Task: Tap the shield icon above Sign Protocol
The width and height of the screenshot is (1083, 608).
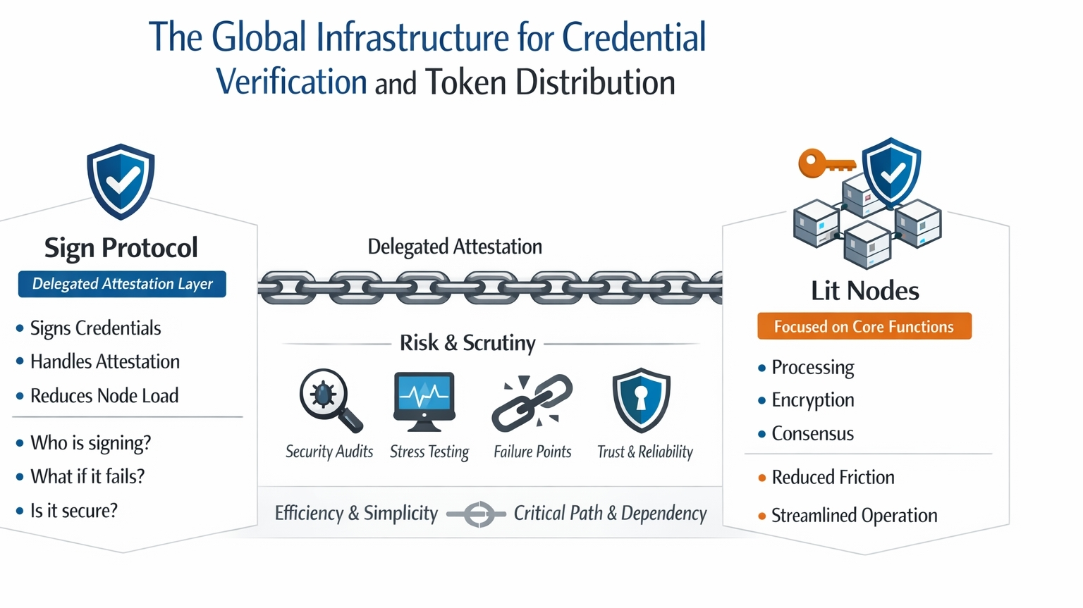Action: [x=121, y=181]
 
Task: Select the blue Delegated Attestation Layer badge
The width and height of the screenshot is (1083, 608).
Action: [x=122, y=284]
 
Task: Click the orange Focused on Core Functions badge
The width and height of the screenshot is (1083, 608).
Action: [x=864, y=326]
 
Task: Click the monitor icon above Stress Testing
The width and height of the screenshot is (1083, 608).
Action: [x=423, y=400]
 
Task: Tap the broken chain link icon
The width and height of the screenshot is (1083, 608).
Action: [x=532, y=402]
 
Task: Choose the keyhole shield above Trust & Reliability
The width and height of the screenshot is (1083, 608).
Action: [x=641, y=399]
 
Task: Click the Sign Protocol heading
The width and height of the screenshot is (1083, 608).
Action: [x=121, y=247]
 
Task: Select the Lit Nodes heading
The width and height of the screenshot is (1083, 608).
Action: [x=864, y=290]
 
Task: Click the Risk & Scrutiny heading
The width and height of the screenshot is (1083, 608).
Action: [x=467, y=343]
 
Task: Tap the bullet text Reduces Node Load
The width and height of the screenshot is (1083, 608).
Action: [x=104, y=396]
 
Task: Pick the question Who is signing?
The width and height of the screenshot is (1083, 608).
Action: [x=90, y=442]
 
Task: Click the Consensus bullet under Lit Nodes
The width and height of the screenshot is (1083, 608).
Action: [x=812, y=433]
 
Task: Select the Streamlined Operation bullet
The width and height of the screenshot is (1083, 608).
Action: [x=854, y=516]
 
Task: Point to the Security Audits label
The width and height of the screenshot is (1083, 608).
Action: [x=329, y=452]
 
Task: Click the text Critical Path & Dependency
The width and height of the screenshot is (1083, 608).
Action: [x=610, y=514]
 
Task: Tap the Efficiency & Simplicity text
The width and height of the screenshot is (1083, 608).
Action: [x=356, y=514]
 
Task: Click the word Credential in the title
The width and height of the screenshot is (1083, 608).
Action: [x=634, y=37]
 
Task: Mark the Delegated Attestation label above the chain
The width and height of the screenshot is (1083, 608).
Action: [x=455, y=247]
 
